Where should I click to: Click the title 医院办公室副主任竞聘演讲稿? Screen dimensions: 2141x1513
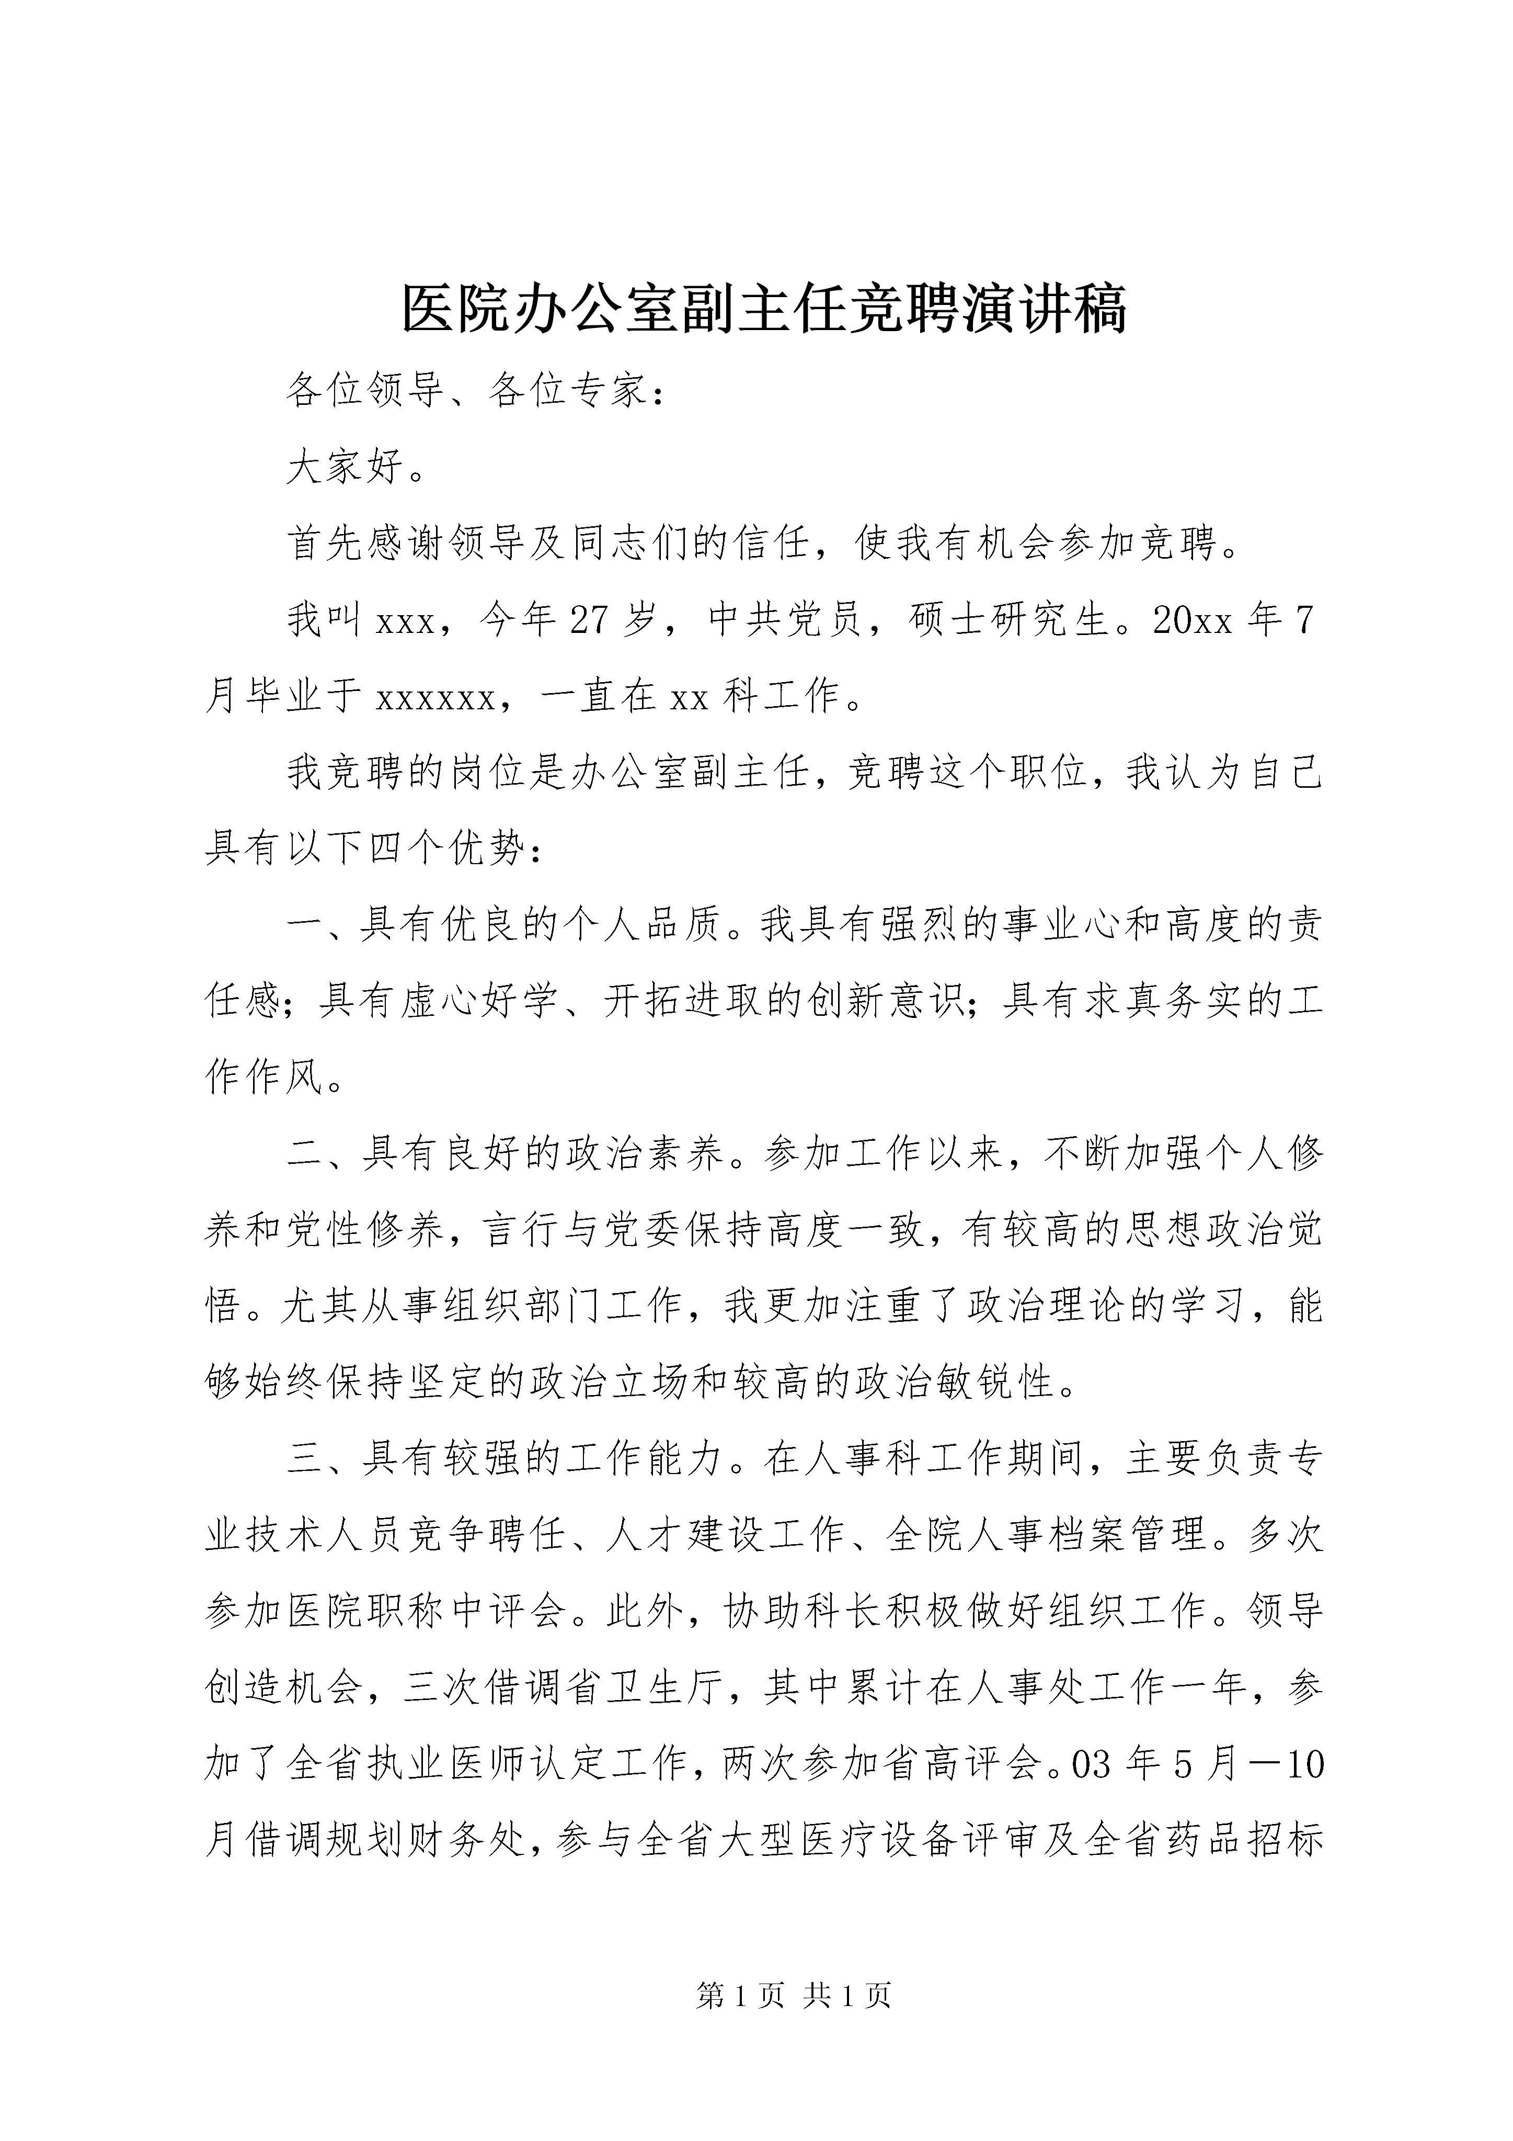764,309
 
